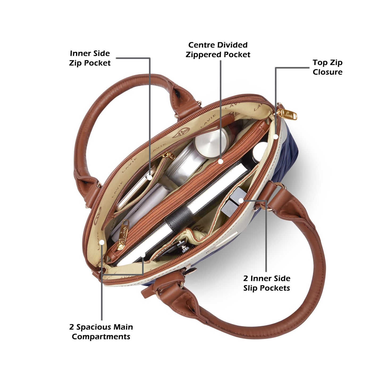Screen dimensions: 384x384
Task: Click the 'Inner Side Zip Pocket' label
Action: pyautogui.click(x=90, y=58)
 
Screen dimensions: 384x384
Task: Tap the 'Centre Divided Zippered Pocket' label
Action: pyautogui.click(x=218, y=50)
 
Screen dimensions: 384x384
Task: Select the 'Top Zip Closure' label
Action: pyautogui.click(x=327, y=67)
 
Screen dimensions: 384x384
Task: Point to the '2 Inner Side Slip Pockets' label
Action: pyautogui.click(x=267, y=283)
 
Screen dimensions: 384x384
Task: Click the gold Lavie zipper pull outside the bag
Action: pyautogui.click(x=287, y=114)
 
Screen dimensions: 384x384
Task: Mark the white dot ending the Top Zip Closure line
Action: pyautogui.click(x=275, y=137)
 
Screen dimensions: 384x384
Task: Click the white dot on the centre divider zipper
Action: pyautogui.click(x=220, y=161)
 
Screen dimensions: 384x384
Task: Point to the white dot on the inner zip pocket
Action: pyautogui.click(x=150, y=177)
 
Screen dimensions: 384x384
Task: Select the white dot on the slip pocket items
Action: pyautogui.click(x=241, y=201)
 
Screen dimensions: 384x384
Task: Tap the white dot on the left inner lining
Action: pyautogui.click(x=102, y=242)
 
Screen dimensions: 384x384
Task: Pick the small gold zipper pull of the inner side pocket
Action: pyautogui.click(x=169, y=155)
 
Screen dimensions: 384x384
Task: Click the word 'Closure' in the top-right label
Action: pyautogui.click(x=327, y=72)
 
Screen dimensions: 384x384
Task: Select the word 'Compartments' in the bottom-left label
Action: pyautogui.click(x=101, y=337)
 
